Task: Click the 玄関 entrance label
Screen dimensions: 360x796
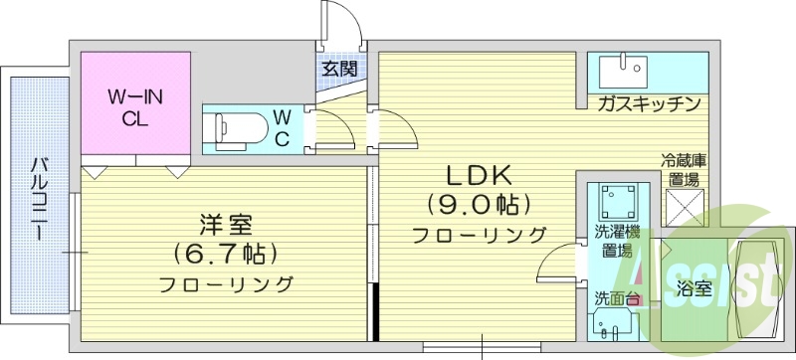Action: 339,70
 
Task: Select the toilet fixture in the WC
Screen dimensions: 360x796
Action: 239,128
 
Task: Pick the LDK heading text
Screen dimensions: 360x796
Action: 478,176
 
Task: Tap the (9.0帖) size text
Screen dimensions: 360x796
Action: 478,205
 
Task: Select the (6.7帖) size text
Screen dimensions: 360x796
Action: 225,253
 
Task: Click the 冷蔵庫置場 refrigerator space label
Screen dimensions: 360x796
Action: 684,170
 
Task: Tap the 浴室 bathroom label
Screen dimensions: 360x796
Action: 694,290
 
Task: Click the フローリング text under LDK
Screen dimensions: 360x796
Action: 480,235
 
